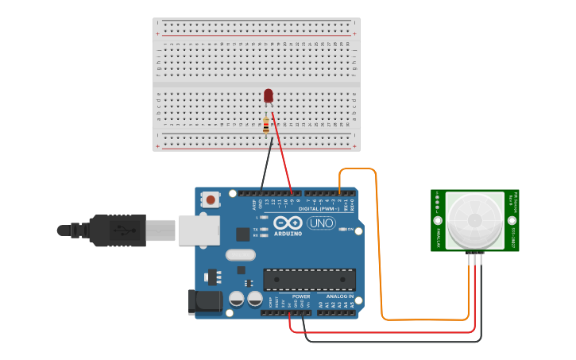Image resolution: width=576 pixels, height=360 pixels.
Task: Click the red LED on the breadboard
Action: click(x=268, y=95)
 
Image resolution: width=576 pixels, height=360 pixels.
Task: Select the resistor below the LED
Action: click(x=265, y=125)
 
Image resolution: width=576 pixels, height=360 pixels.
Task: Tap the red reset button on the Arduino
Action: click(x=210, y=199)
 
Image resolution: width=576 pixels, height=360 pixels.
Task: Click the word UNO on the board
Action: click(x=321, y=223)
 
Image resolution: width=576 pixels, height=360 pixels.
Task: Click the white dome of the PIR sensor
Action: click(x=474, y=219)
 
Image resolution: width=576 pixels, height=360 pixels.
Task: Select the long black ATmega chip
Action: click(x=309, y=279)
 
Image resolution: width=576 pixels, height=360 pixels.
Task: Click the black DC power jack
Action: click(x=203, y=300)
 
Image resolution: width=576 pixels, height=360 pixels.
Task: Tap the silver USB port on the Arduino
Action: click(x=199, y=230)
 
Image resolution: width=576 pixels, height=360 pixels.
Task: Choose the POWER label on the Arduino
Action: click(x=301, y=296)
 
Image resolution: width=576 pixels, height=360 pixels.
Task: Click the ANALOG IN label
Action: click(x=339, y=296)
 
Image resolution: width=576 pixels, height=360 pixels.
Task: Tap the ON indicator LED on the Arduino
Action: click(x=342, y=229)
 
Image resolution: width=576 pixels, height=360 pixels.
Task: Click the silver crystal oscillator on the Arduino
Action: click(x=240, y=255)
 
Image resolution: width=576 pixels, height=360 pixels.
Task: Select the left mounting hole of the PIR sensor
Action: click(x=437, y=221)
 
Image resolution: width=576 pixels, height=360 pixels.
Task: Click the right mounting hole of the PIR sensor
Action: click(x=512, y=221)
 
